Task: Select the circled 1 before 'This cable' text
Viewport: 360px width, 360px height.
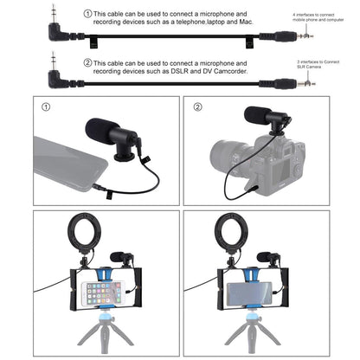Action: pos(87,15)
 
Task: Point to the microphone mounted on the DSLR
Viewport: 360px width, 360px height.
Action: pos(262,119)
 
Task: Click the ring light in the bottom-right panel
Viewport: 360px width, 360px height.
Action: pos(232,235)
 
